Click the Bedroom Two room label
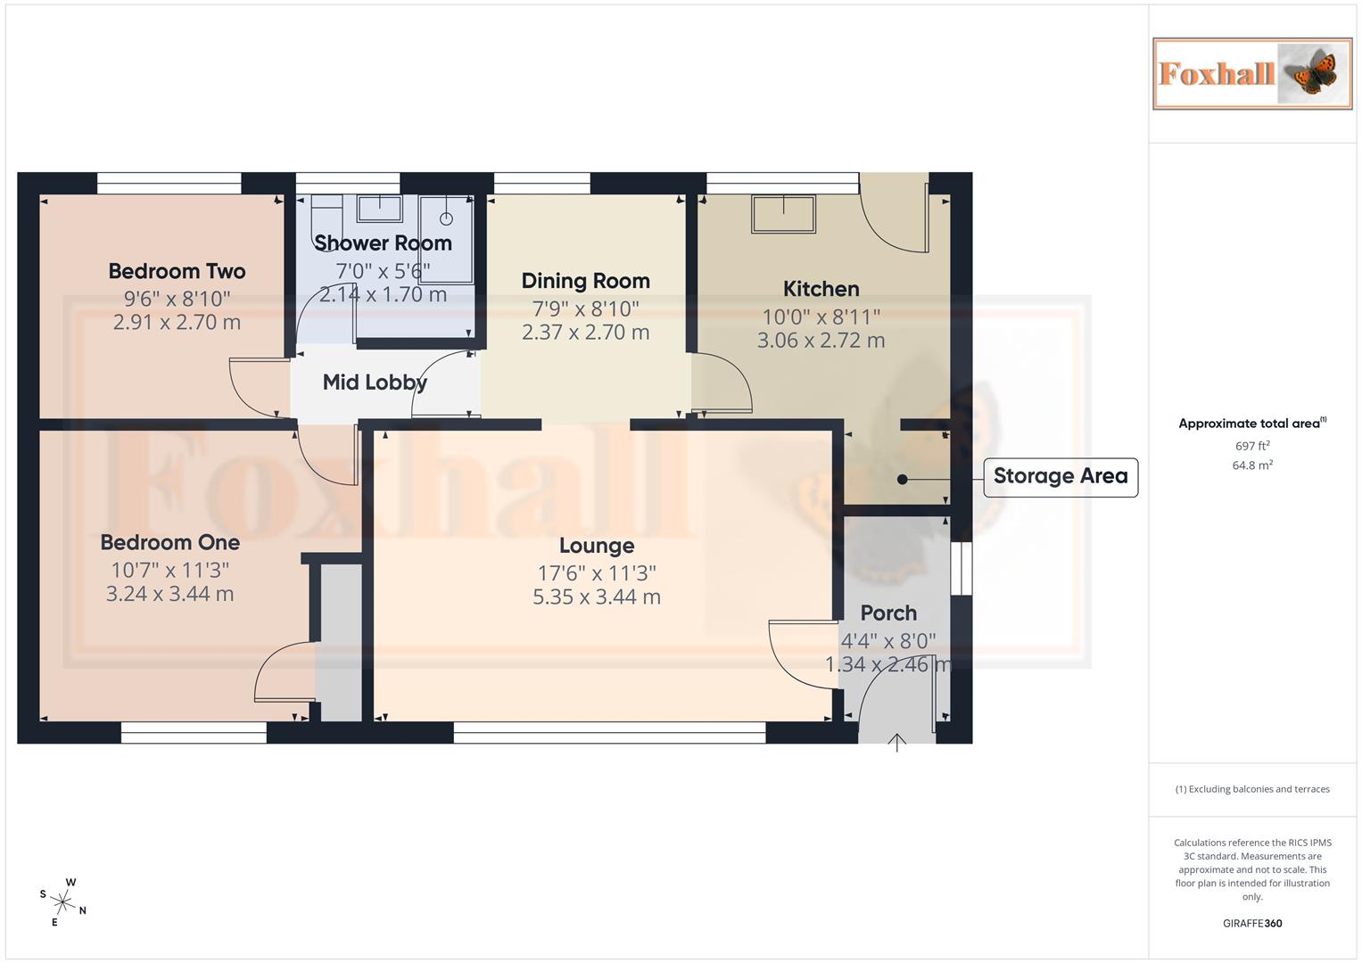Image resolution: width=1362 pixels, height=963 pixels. [x=177, y=271]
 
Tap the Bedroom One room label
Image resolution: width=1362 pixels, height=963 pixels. [x=169, y=542]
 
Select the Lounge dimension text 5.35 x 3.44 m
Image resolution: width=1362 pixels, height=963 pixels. [x=597, y=597]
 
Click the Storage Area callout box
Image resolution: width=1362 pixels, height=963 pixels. [x=1060, y=476]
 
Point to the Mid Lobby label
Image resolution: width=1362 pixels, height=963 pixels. [x=375, y=383]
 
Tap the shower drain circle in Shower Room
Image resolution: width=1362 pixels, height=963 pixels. [x=446, y=218]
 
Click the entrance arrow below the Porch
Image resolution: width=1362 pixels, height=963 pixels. [x=896, y=742]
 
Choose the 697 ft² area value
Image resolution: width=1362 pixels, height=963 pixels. [x=1252, y=446]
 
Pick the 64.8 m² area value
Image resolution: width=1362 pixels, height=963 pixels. [x=1252, y=465]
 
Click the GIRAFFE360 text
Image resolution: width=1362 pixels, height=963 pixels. [x=1252, y=924]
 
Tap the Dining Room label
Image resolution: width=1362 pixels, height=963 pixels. [x=585, y=281]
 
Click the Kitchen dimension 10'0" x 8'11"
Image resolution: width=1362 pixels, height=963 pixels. [x=821, y=317]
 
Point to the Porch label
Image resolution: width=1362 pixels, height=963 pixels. [x=888, y=613]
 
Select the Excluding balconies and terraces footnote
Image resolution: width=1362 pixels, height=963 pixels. [x=1252, y=789]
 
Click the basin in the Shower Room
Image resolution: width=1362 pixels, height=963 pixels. [x=379, y=209]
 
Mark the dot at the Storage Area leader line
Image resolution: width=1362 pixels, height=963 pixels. [x=902, y=480]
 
